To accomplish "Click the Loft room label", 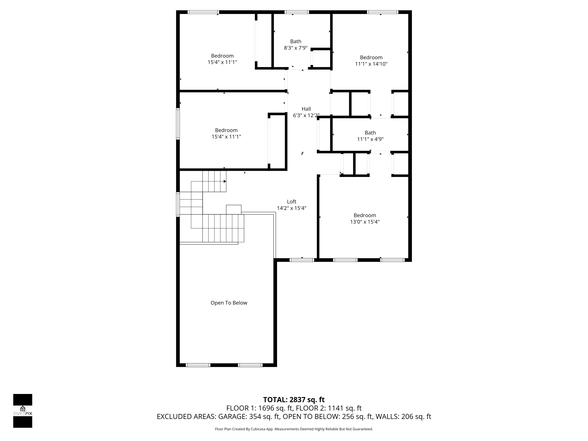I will [x=292, y=202].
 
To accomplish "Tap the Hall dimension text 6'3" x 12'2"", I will [x=306, y=115].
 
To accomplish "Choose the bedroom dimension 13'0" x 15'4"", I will [x=365, y=222].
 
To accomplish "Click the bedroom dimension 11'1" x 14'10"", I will [x=371, y=64].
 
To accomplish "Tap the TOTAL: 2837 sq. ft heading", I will [x=294, y=399].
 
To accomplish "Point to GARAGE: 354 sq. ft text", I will [x=249, y=416].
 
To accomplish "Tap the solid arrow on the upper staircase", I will [x=225, y=181].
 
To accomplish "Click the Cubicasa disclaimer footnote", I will [x=294, y=429].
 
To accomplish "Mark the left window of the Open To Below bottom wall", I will [x=198, y=365].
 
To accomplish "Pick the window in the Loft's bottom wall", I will [x=302, y=260].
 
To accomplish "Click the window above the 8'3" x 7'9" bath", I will [x=297, y=12].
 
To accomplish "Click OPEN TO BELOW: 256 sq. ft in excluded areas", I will [x=327, y=416].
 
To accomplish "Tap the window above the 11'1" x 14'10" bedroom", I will [x=383, y=12].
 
